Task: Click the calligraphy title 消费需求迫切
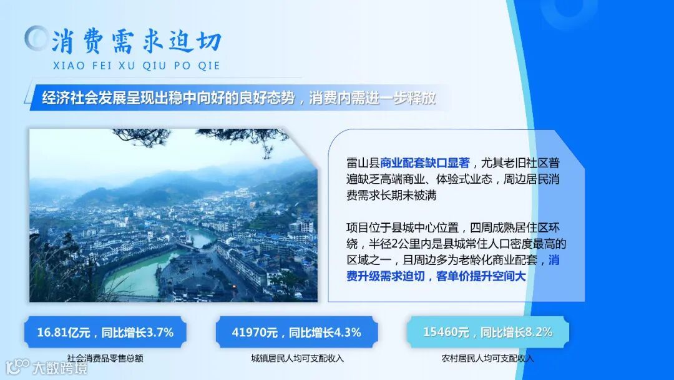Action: click(136, 41)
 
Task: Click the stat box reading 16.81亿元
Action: click(105, 332)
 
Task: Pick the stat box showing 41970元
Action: click(296, 332)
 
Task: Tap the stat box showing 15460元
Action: click(487, 332)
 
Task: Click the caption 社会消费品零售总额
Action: click(105, 359)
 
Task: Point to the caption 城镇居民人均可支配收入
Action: click(296, 359)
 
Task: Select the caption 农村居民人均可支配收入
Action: click(487, 359)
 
